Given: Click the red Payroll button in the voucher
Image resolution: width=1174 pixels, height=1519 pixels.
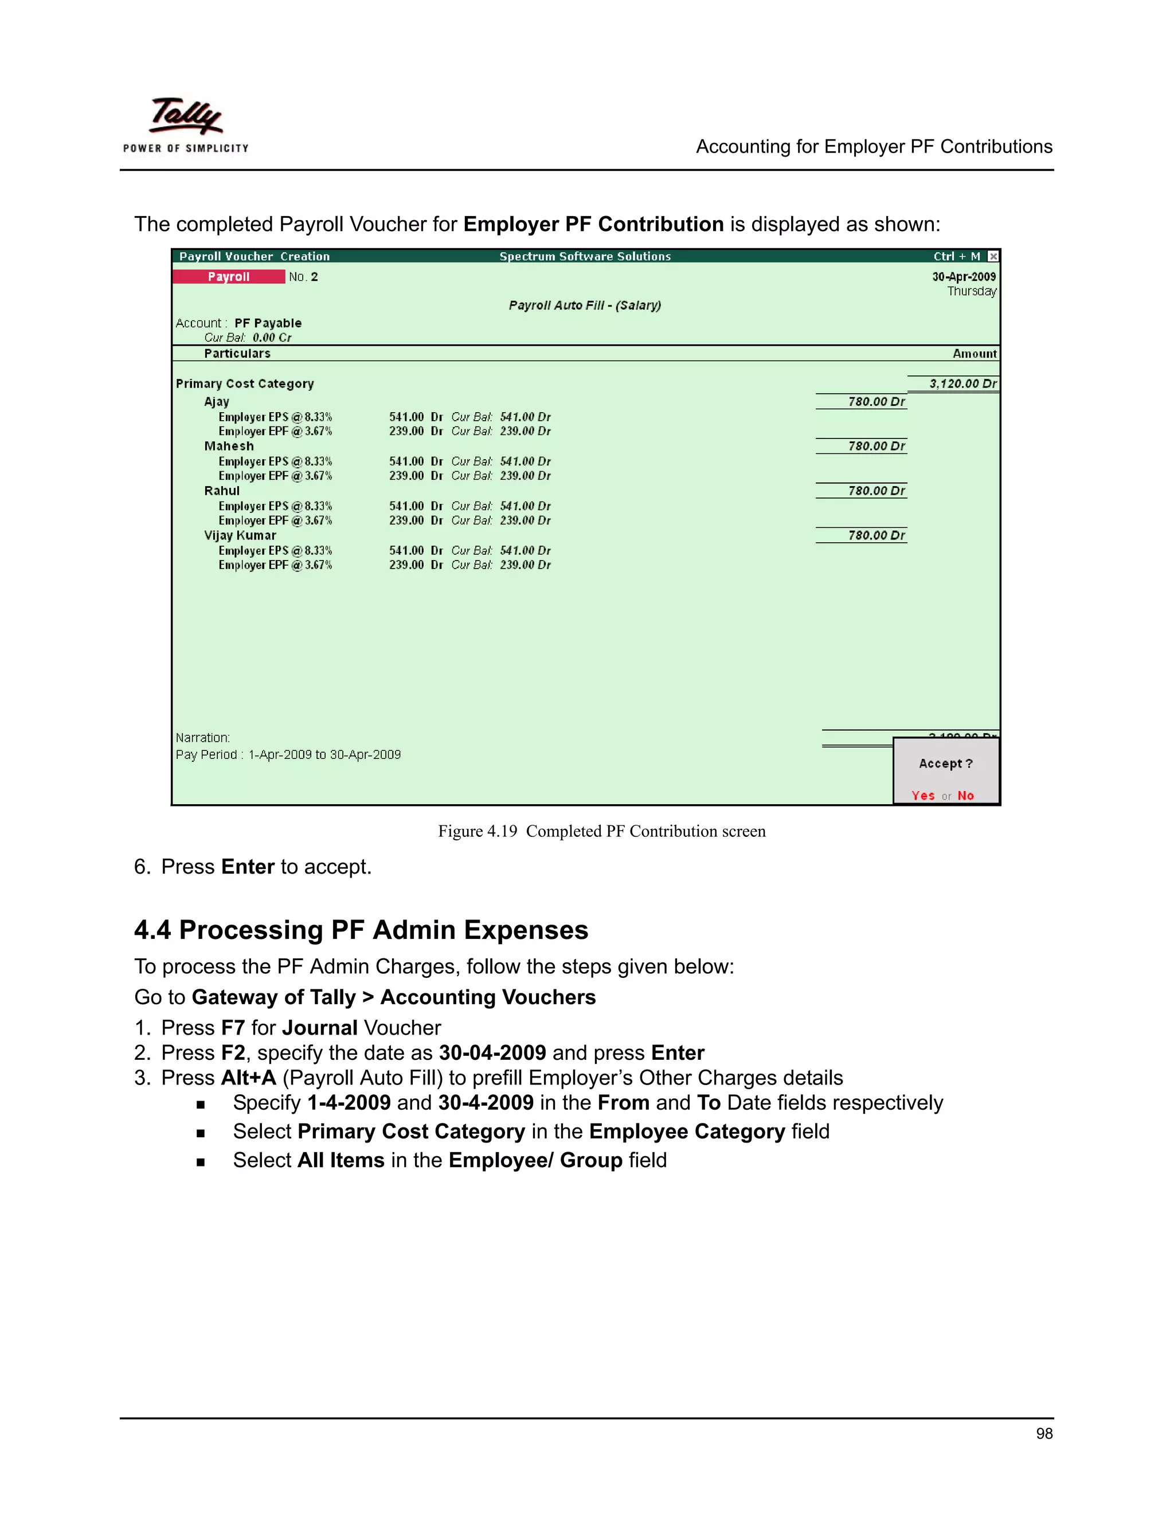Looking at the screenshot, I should click(229, 277).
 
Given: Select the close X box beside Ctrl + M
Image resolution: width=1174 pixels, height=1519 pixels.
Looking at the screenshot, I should click(993, 257).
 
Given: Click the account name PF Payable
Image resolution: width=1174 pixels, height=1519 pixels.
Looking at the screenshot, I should click(268, 323).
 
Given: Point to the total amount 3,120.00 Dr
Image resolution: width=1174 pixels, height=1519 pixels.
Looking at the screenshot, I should click(962, 384).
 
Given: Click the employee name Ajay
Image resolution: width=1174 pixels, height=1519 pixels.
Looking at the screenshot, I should click(216, 402).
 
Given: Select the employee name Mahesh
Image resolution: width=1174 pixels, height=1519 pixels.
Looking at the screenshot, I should click(229, 447).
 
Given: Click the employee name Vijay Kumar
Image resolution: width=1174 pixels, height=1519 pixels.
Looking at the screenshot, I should click(240, 535).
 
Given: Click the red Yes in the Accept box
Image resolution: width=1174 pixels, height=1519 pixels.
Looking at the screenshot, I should click(923, 796).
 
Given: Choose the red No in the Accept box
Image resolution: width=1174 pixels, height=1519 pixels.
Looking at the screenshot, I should click(965, 796).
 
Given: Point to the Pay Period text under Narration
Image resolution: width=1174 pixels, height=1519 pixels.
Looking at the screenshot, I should click(288, 755).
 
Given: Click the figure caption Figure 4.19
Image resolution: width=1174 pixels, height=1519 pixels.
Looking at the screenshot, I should click(601, 832).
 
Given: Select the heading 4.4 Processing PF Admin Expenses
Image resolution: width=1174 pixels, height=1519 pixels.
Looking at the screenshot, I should click(361, 930).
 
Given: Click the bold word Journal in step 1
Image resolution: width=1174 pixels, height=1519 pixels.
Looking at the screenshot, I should click(320, 1028).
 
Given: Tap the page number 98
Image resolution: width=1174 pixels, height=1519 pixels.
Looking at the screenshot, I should click(1043, 1434).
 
